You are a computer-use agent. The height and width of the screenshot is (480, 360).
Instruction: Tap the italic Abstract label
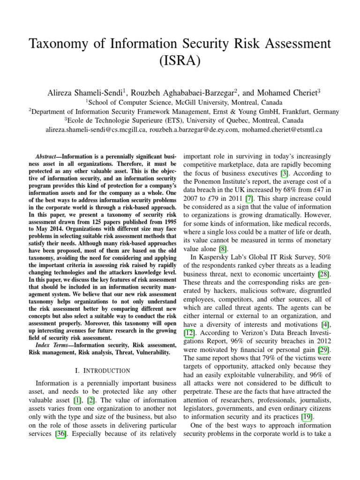[47, 156]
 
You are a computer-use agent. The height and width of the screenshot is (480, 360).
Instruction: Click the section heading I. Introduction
[102, 370]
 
